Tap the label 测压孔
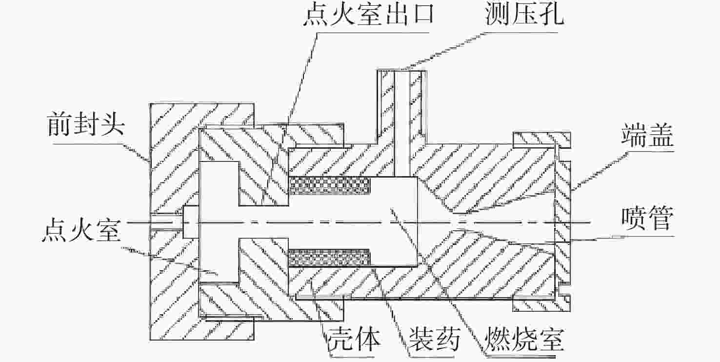click(x=524, y=17)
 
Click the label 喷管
click(x=647, y=219)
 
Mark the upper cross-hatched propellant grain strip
click(x=330, y=185)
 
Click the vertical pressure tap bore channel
click(x=402, y=122)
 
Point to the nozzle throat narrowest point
click(x=456, y=221)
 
